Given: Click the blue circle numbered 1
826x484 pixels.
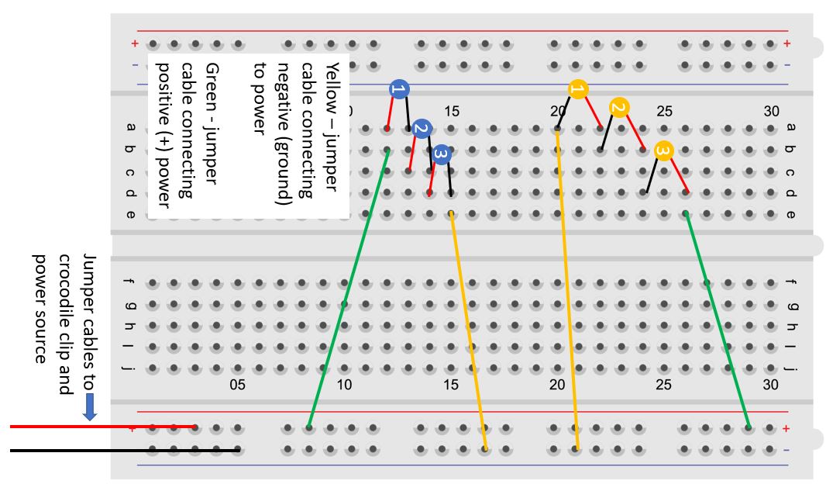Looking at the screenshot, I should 398,90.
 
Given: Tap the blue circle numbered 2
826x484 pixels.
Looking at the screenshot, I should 421,129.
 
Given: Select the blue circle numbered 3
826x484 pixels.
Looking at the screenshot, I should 442,155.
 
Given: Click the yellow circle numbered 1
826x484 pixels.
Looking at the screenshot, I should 576,89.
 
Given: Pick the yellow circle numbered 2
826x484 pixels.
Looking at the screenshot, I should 618,108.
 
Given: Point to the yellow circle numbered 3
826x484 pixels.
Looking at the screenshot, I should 663,150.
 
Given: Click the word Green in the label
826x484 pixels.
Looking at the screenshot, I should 209,81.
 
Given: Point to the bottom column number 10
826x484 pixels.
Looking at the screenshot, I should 344,384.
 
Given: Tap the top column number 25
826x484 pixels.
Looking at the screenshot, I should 664,111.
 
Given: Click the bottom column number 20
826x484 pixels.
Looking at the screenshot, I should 557,384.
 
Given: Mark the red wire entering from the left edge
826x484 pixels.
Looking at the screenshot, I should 101,427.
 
